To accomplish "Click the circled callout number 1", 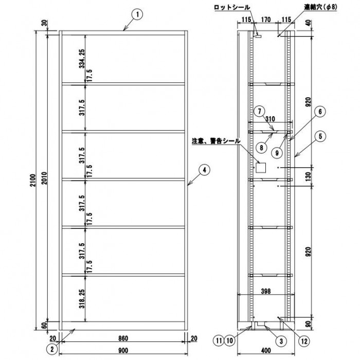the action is [x=137, y=15].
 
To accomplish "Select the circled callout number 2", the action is [x=52, y=349].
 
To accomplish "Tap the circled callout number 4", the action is [x=204, y=170].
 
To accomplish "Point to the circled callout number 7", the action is [x=259, y=112].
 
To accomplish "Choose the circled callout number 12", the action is [x=304, y=341].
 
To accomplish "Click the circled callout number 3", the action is [x=281, y=341].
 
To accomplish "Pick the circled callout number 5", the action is [x=320, y=136].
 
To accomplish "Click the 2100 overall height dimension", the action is [x=33, y=181].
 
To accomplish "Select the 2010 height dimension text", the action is [x=44, y=178].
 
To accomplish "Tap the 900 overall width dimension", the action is [x=123, y=351].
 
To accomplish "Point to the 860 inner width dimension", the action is [x=123, y=338].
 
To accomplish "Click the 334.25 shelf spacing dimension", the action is [x=82, y=59].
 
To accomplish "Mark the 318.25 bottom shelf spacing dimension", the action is [x=82, y=299].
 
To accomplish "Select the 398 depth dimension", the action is [x=266, y=291].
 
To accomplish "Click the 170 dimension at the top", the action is [x=266, y=20].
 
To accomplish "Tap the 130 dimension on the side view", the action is [x=308, y=176].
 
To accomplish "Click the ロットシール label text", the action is [x=232, y=7].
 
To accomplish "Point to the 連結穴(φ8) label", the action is [x=321, y=7].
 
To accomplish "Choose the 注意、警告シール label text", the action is [x=217, y=141].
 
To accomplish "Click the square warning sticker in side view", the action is [x=261, y=168].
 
